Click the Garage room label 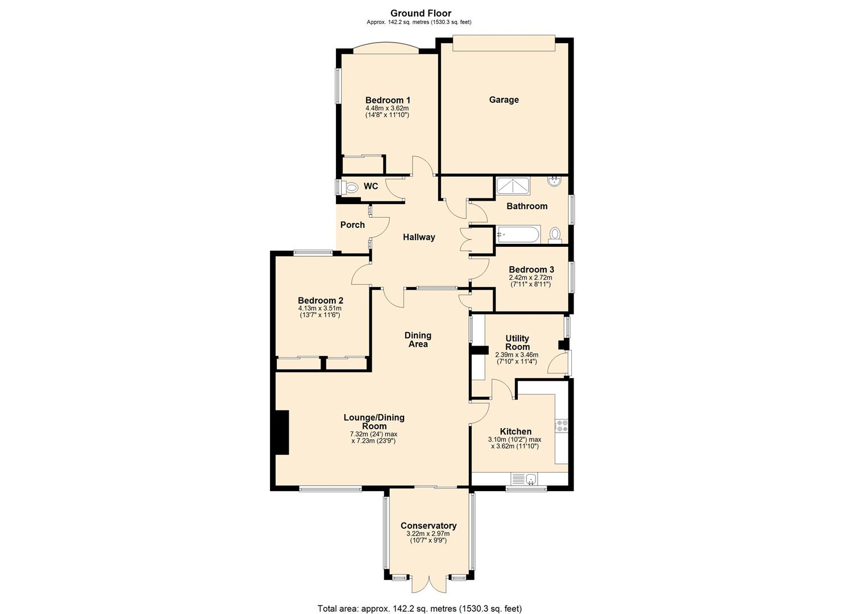(504, 100)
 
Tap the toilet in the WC (351, 187)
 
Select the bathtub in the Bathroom (518, 234)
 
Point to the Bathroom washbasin (554, 181)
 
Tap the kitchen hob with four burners (562, 425)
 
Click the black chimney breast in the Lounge (281, 432)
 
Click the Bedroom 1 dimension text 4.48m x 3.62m (387, 108)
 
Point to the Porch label (352, 225)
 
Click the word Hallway (419, 238)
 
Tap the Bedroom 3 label (531, 269)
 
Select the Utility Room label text (517, 342)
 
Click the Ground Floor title (421, 14)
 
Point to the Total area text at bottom (419, 608)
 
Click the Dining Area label (418, 339)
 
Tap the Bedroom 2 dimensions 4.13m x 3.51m (320, 308)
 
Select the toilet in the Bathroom (555, 234)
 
